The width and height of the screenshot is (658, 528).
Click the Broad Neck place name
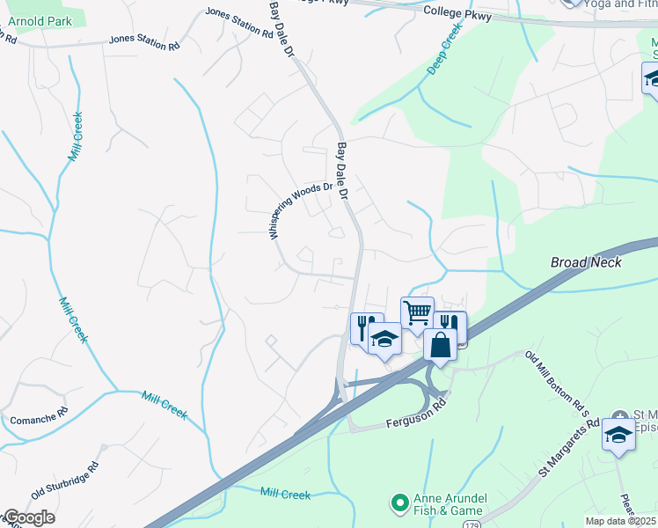[x=586, y=262]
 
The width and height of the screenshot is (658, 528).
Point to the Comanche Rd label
[x=39, y=414]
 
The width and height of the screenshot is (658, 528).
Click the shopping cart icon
[x=417, y=312]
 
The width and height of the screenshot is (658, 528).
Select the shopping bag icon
[x=440, y=344]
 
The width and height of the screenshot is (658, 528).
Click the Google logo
[x=27, y=517]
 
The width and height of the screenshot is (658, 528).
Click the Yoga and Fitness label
[x=621, y=4]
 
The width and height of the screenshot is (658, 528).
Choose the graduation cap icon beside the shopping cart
[x=384, y=339]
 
